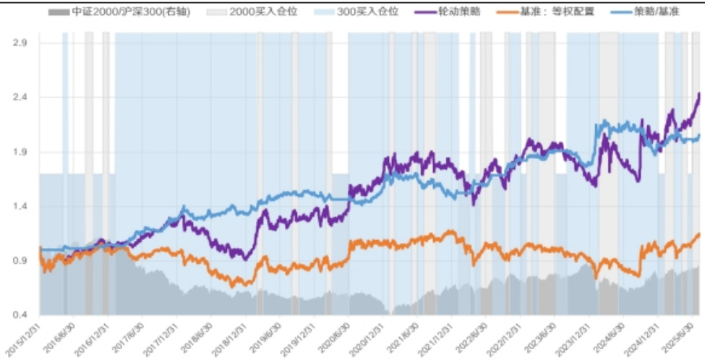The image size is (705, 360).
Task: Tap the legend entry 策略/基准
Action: click(x=654, y=12)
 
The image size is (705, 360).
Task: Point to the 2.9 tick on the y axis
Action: click(x=20, y=43)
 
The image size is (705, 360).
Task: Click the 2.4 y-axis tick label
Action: click(x=20, y=97)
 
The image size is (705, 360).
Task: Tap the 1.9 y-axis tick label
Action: click(x=20, y=152)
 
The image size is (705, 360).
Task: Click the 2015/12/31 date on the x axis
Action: click(x=27, y=335)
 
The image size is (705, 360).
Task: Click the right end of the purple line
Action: click(x=699, y=93)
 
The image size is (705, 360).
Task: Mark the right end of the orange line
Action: click(x=699, y=233)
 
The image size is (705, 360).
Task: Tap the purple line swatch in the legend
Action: click(x=426, y=12)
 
